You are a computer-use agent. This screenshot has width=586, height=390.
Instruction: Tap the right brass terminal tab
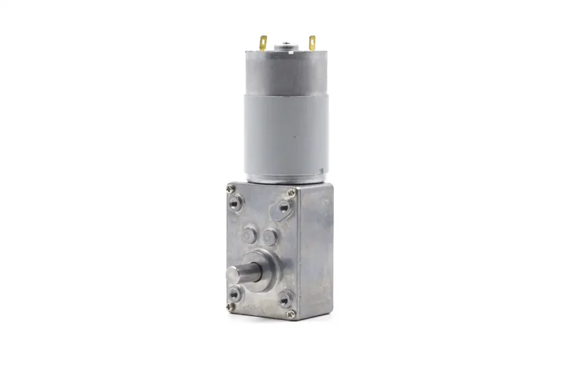point(312,42)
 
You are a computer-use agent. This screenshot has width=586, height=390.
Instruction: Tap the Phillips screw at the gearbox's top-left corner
point(230,188)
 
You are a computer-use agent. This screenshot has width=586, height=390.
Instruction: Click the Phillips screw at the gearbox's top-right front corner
point(292,193)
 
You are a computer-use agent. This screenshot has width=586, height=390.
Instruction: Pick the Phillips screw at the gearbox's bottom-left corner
point(230,307)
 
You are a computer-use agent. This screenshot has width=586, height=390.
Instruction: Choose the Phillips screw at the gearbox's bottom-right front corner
point(291,313)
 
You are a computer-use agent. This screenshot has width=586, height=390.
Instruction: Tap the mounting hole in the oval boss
point(283,208)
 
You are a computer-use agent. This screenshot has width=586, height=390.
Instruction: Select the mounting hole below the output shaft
point(233,294)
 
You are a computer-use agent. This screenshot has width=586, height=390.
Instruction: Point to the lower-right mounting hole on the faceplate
point(284,298)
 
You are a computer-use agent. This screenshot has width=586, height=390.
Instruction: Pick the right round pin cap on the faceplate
point(270,236)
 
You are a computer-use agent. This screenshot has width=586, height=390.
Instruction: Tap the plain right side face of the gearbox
point(316,252)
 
